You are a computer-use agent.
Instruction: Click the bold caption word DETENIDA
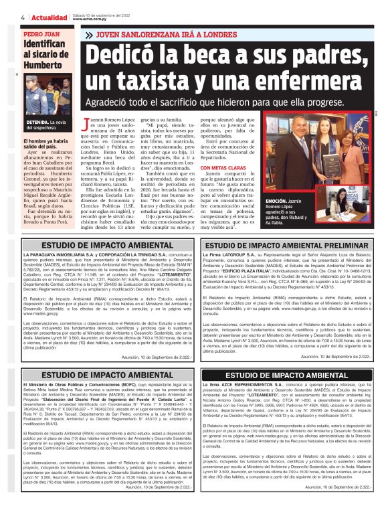[x=38, y=124]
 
